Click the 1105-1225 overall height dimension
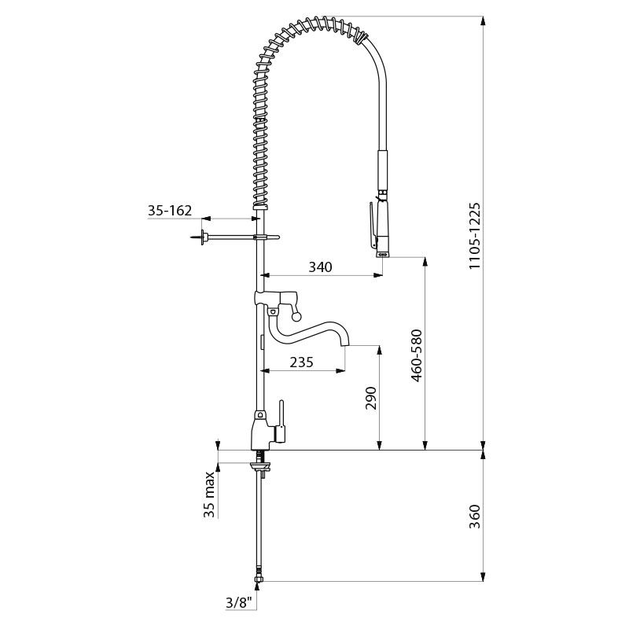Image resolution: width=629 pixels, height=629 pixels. point(475,236)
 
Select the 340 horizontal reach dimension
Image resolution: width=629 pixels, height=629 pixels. point(321,267)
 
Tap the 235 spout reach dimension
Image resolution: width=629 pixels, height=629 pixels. point(301,362)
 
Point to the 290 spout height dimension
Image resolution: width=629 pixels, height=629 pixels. point(370,398)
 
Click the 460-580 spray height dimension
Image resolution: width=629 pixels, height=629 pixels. point(417,355)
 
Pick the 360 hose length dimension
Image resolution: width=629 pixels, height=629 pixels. point(475,517)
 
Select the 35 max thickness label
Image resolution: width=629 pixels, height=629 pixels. point(209,495)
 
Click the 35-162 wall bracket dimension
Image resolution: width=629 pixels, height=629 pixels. point(170,210)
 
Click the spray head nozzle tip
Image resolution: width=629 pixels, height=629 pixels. point(382,253)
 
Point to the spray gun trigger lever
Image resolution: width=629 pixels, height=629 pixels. point(373,225)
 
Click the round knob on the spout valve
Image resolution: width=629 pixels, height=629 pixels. point(296,318)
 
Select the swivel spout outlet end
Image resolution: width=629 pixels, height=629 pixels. point(345,343)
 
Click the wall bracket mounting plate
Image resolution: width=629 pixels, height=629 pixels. point(204,237)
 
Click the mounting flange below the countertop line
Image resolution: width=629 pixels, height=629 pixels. point(261,465)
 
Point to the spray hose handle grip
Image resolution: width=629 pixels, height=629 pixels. point(383,171)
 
